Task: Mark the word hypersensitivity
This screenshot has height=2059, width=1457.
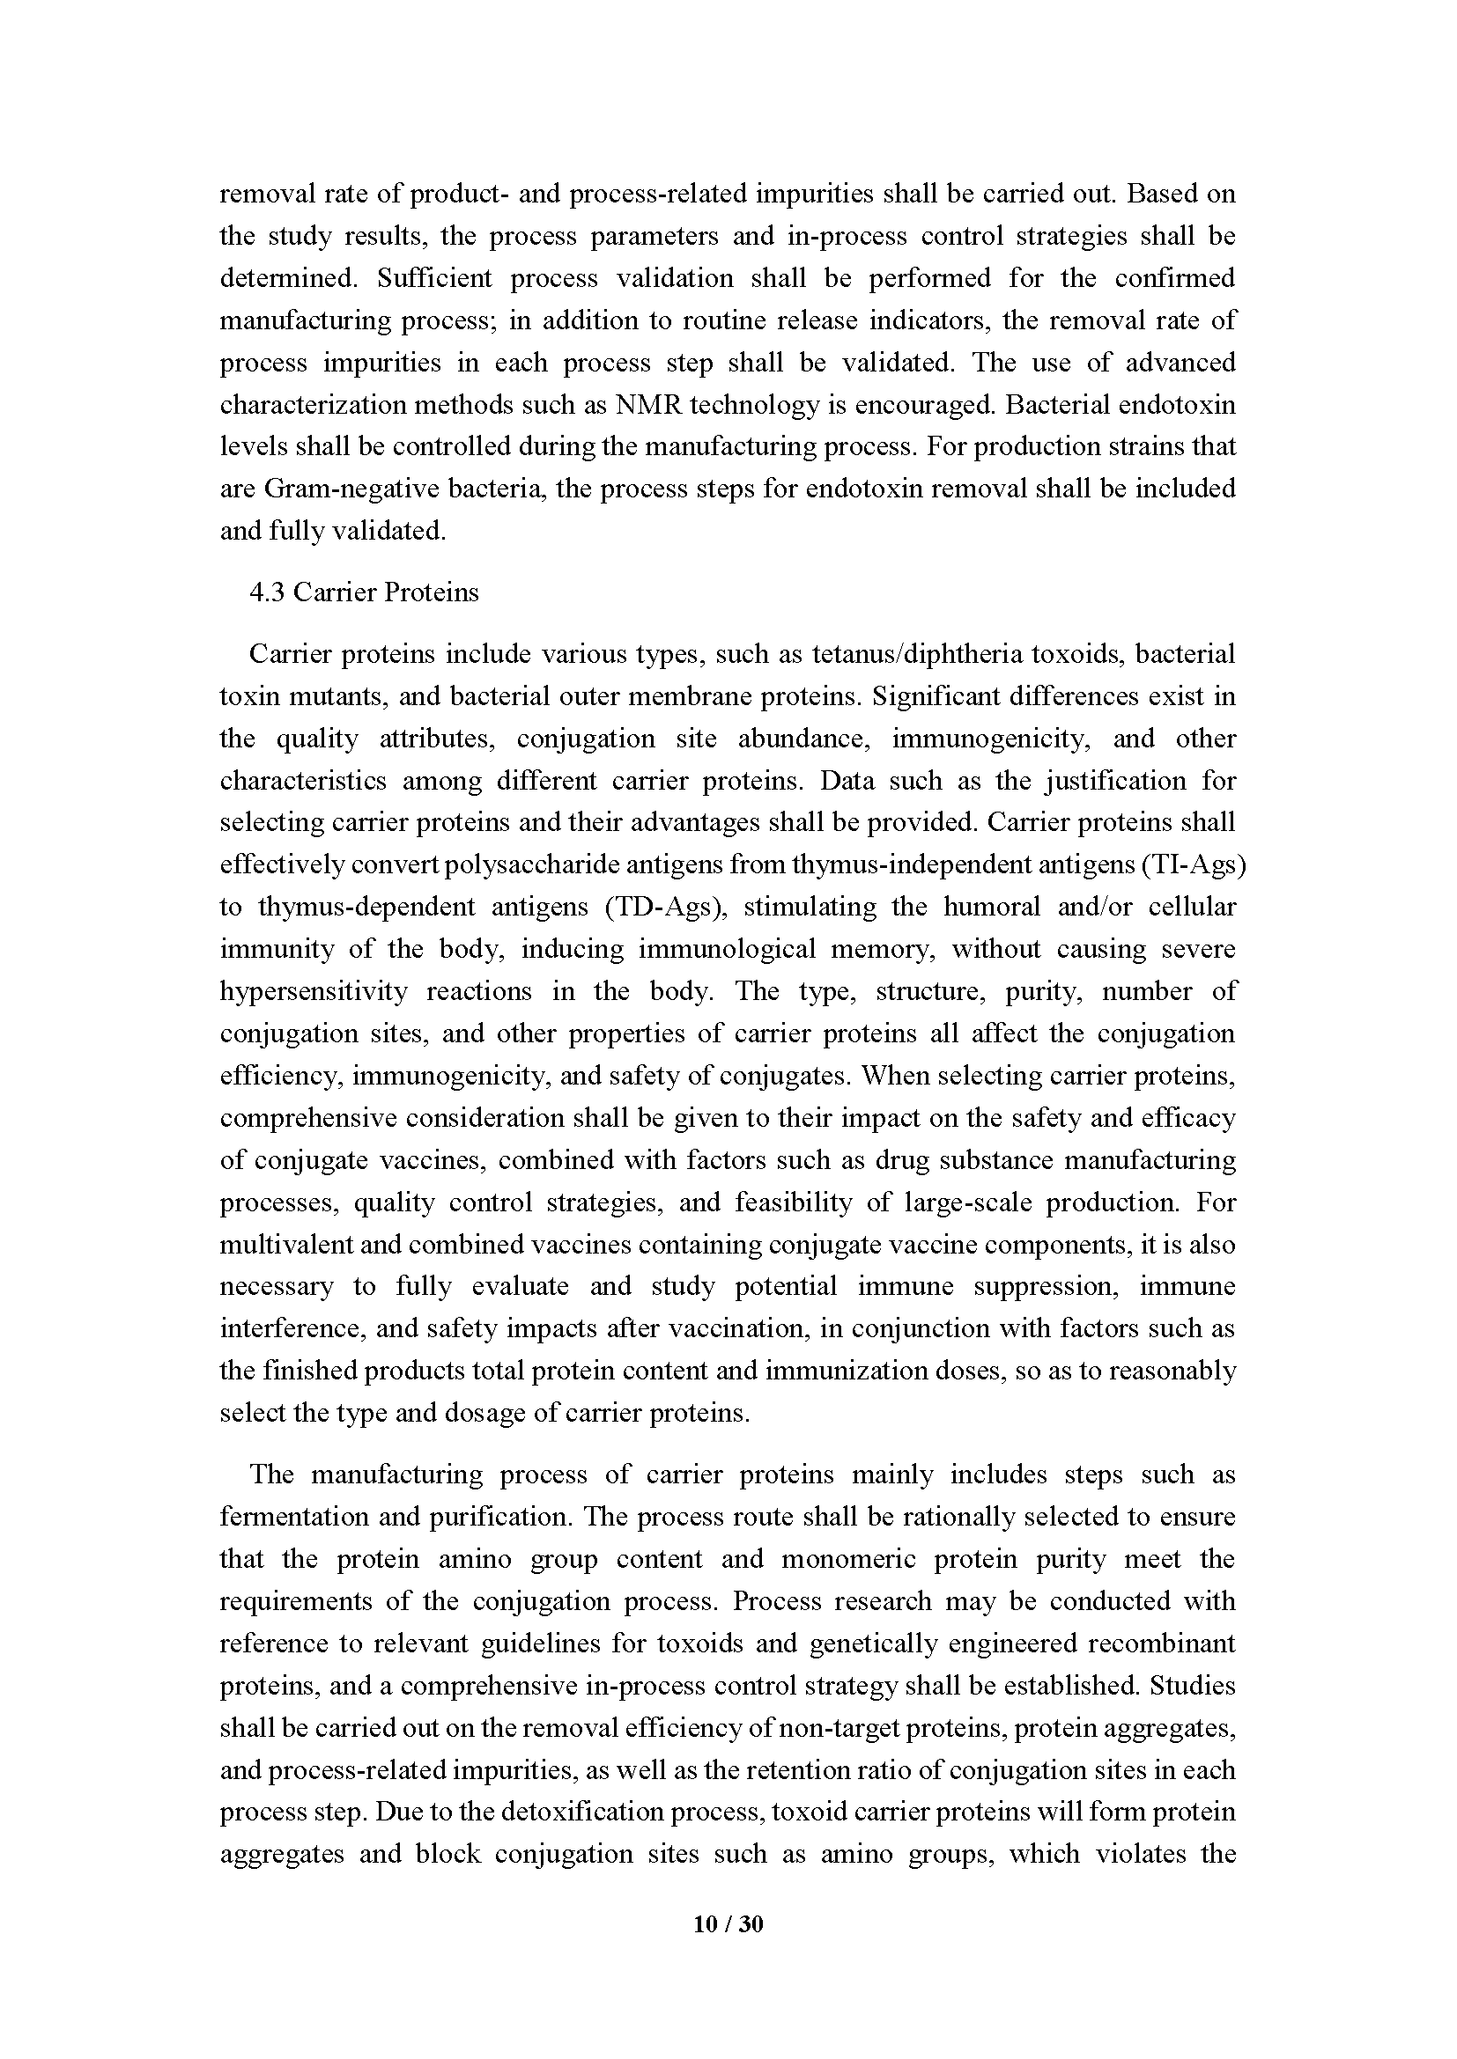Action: tap(313, 991)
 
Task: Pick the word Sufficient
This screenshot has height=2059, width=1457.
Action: tap(434, 278)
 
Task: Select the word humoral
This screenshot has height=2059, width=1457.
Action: tap(991, 907)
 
